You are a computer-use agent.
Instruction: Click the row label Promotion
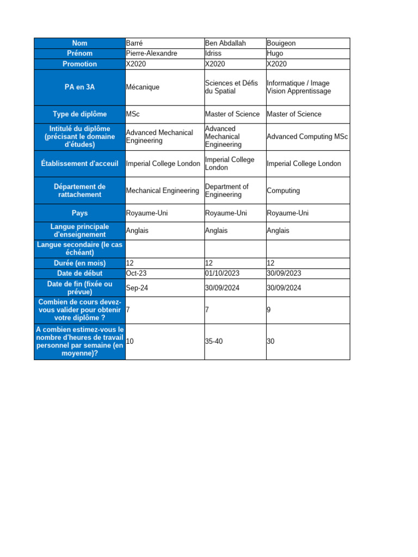[x=79, y=64]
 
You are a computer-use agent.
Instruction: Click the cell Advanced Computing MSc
[x=307, y=137]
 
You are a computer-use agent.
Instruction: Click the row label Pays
[x=79, y=213]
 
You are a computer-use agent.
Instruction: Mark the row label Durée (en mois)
[x=79, y=263]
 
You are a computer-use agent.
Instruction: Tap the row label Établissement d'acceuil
[x=79, y=164]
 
